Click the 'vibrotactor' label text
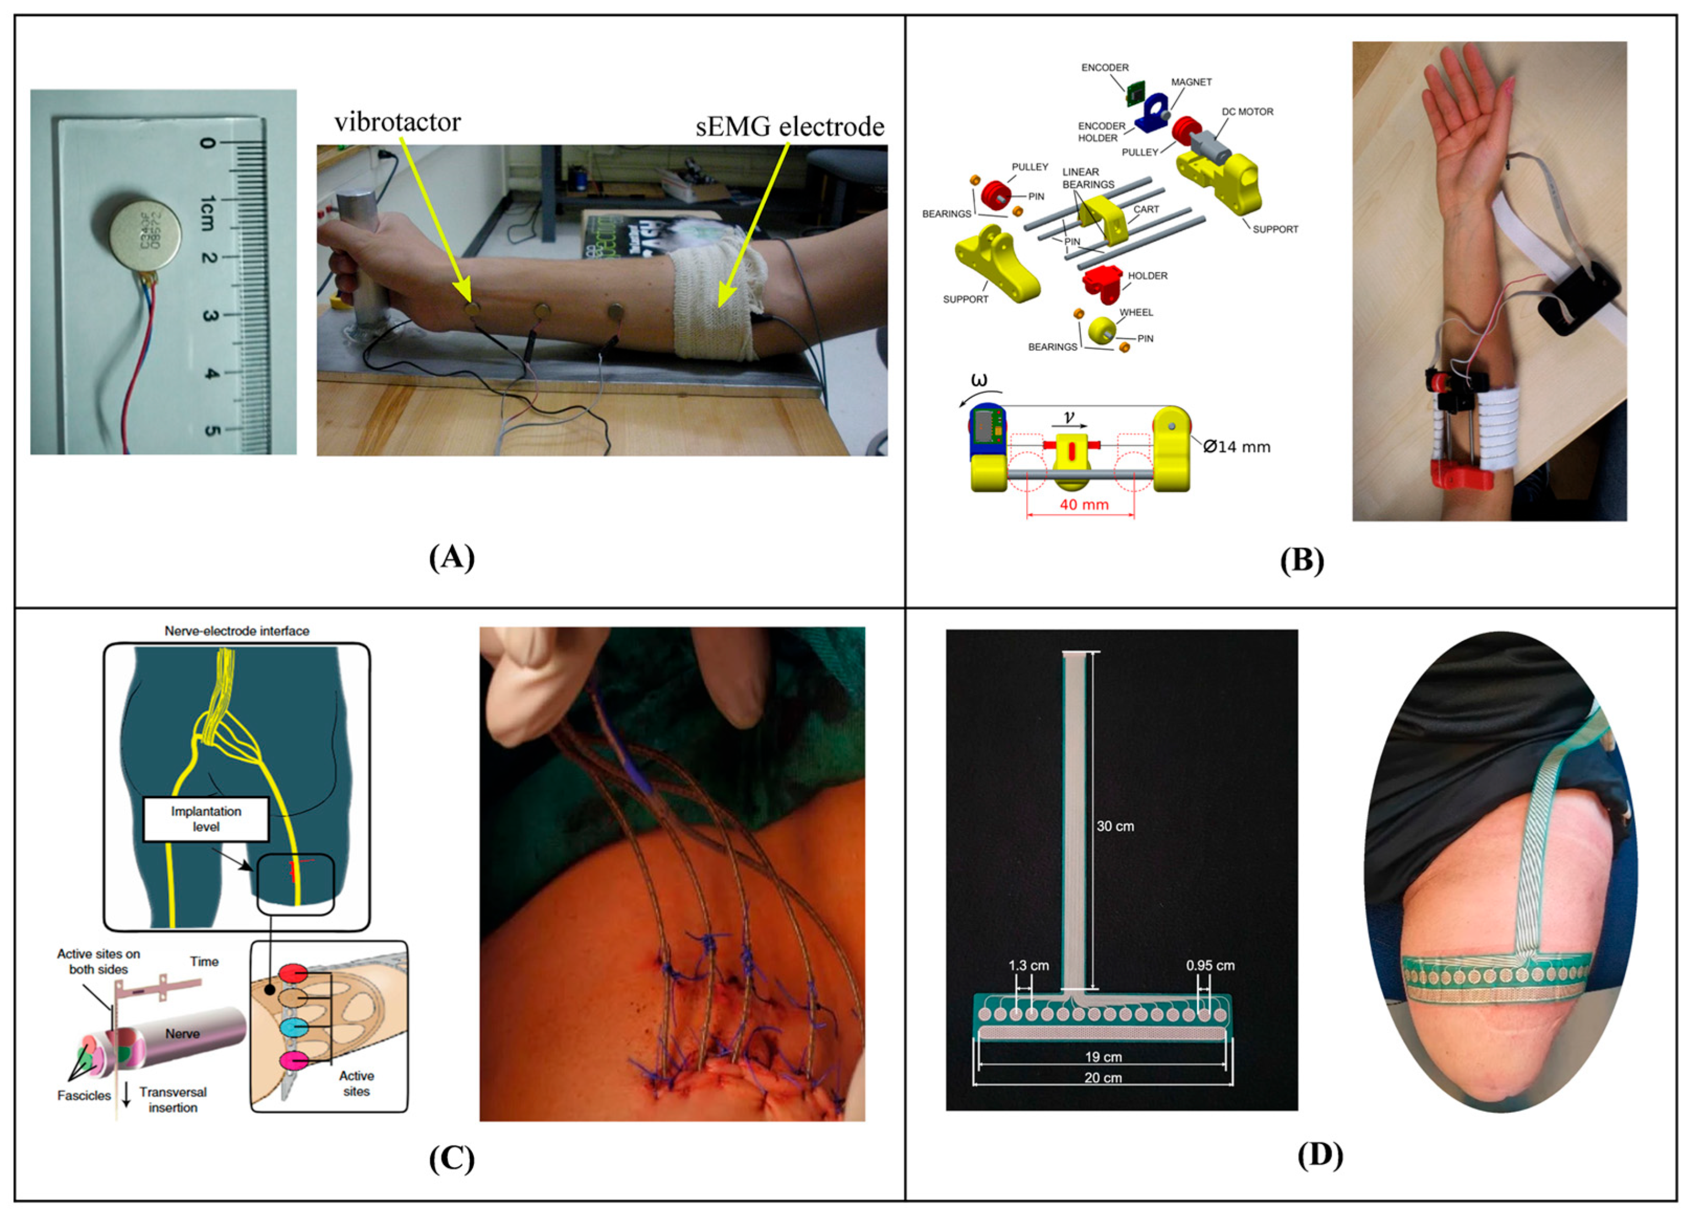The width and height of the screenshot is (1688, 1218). tap(398, 122)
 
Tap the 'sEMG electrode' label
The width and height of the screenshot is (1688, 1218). tap(789, 127)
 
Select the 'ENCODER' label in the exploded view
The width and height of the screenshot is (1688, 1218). tap(1104, 68)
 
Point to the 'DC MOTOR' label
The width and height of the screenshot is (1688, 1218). tap(1248, 112)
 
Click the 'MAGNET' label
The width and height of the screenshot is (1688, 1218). tap(1191, 82)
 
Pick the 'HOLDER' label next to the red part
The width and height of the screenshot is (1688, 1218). tap(1147, 275)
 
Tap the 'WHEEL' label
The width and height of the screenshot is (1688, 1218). tap(1136, 313)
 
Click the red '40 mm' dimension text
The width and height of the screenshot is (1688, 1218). tap(1083, 505)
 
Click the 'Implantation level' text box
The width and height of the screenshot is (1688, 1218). tap(206, 819)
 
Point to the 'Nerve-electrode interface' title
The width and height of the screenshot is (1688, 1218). tap(237, 631)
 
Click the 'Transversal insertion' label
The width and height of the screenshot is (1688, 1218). tap(173, 1100)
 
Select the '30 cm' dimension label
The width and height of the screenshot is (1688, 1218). tap(1115, 826)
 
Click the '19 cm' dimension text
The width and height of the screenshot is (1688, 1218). tap(1102, 1057)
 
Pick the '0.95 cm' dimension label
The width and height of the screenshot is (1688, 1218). tap(1210, 966)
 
